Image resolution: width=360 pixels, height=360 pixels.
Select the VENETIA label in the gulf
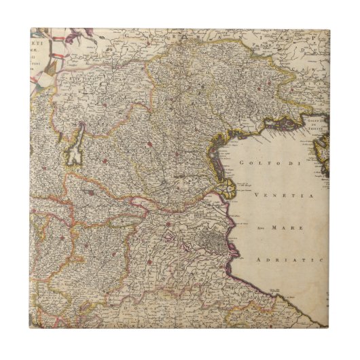273,195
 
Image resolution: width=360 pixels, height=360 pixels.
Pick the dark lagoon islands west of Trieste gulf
285,124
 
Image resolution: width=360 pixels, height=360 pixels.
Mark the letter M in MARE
275,228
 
